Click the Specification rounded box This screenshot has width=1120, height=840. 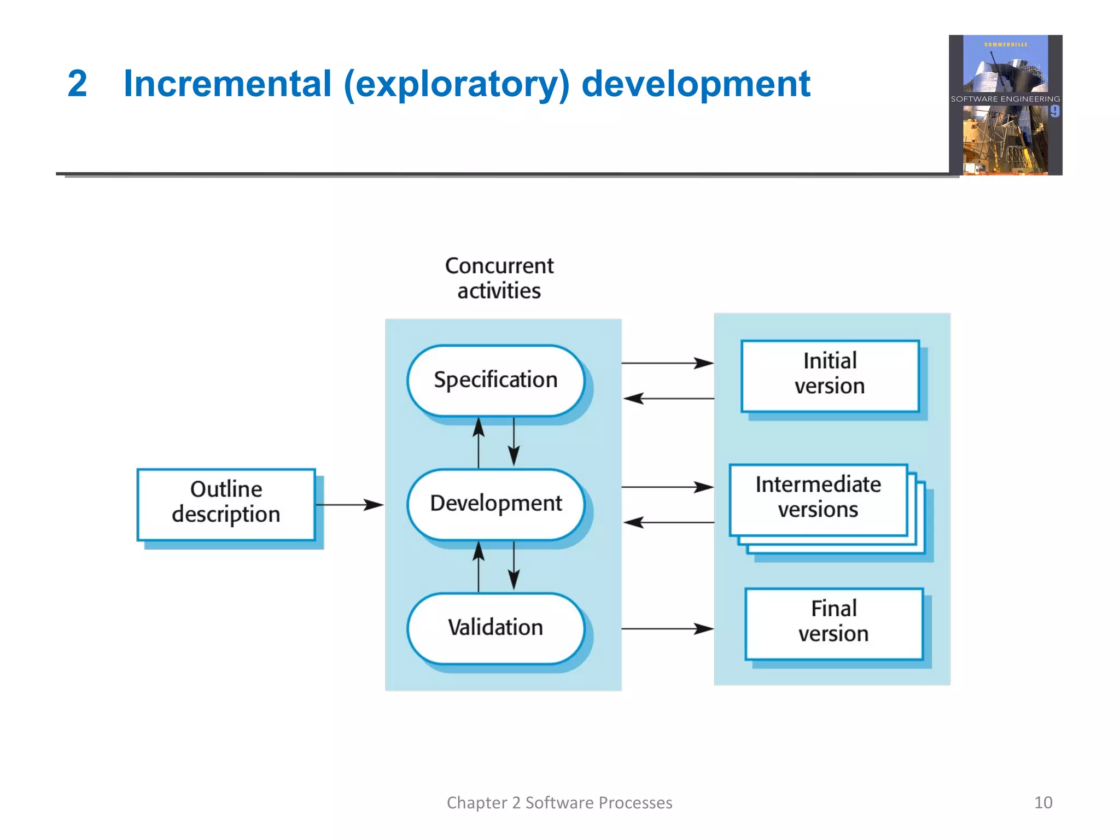495,380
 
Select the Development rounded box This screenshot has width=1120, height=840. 495,504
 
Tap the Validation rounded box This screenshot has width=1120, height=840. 495,628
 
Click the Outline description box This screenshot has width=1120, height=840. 226,504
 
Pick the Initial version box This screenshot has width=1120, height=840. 830,375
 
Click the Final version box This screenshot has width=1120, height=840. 833,623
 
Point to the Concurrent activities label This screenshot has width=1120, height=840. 499,278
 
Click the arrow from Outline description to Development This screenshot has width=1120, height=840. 350,505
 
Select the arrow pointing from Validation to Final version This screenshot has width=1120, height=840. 667,629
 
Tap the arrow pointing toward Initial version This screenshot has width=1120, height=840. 667,363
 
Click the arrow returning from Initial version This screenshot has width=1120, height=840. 668,399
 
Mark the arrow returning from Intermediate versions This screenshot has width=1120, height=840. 668,523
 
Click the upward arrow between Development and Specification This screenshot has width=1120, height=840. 479,443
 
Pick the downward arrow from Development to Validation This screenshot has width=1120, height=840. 514,566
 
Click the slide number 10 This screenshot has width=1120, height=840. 1043,802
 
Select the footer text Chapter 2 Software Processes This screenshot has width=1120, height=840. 559,802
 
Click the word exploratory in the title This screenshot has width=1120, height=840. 457,84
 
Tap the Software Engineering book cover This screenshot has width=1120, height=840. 1005,105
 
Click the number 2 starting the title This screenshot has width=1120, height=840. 77,84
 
